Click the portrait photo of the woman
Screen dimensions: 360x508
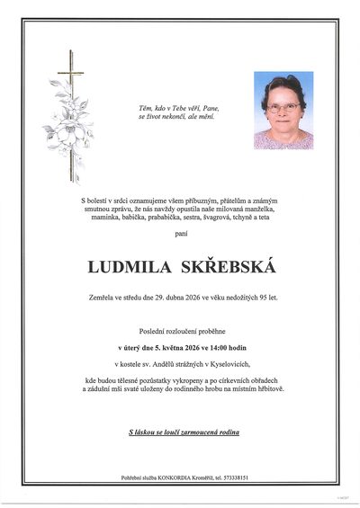283,110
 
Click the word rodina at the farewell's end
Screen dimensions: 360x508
228,432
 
